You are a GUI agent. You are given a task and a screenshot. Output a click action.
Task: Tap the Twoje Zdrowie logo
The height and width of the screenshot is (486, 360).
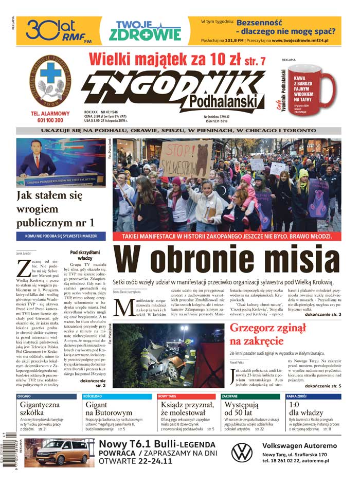[145, 31]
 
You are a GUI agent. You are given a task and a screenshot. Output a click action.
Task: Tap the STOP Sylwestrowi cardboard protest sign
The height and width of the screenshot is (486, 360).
[186, 158]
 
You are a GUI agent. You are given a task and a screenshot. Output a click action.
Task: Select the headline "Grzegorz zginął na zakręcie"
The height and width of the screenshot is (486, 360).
[267, 335]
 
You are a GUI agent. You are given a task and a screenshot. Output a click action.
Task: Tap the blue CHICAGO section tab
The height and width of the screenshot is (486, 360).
[24, 397]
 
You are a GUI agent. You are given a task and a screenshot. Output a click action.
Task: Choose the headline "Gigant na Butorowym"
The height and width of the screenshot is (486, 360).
[108, 409]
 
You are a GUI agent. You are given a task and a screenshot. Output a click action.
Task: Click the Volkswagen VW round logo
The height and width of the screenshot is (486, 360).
[242, 453]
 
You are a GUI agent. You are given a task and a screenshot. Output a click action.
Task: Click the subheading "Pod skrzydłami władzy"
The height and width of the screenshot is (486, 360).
[81, 255]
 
